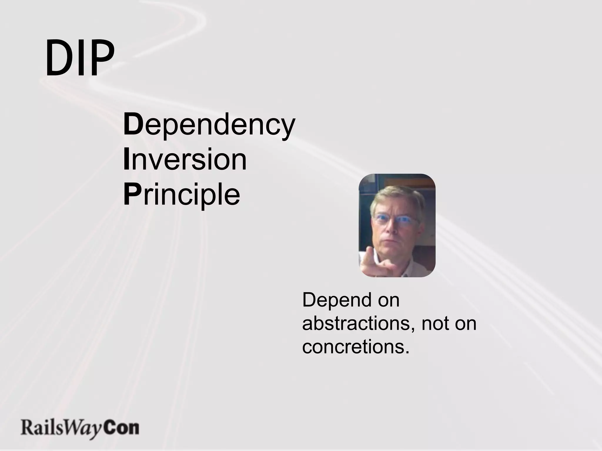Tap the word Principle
182,194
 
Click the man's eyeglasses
395,220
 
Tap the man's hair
397,197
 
